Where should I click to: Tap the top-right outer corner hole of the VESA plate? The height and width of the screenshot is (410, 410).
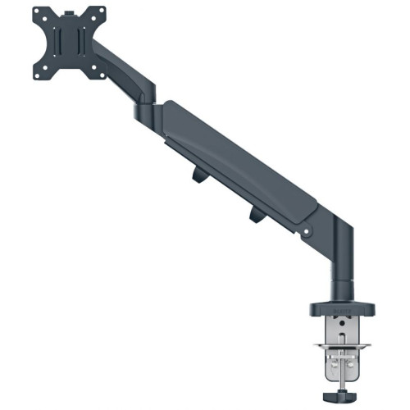102,11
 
